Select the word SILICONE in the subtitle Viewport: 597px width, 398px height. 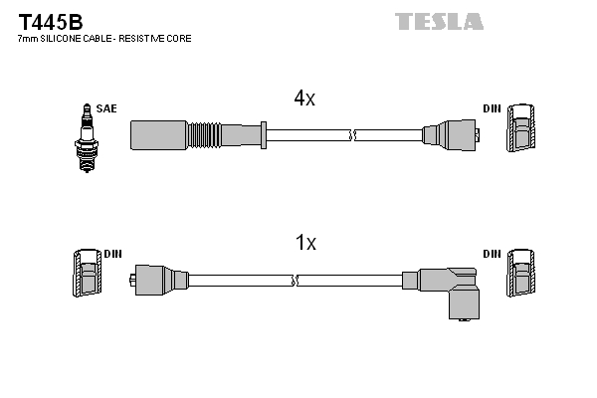(63, 38)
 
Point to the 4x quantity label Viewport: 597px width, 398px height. (303, 99)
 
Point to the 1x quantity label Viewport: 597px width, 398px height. (304, 242)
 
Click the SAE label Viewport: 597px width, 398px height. (105, 107)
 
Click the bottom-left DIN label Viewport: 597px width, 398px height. (109, 254)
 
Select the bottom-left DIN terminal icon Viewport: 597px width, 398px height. (85, 273)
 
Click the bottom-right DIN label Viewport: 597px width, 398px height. (492, 254)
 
